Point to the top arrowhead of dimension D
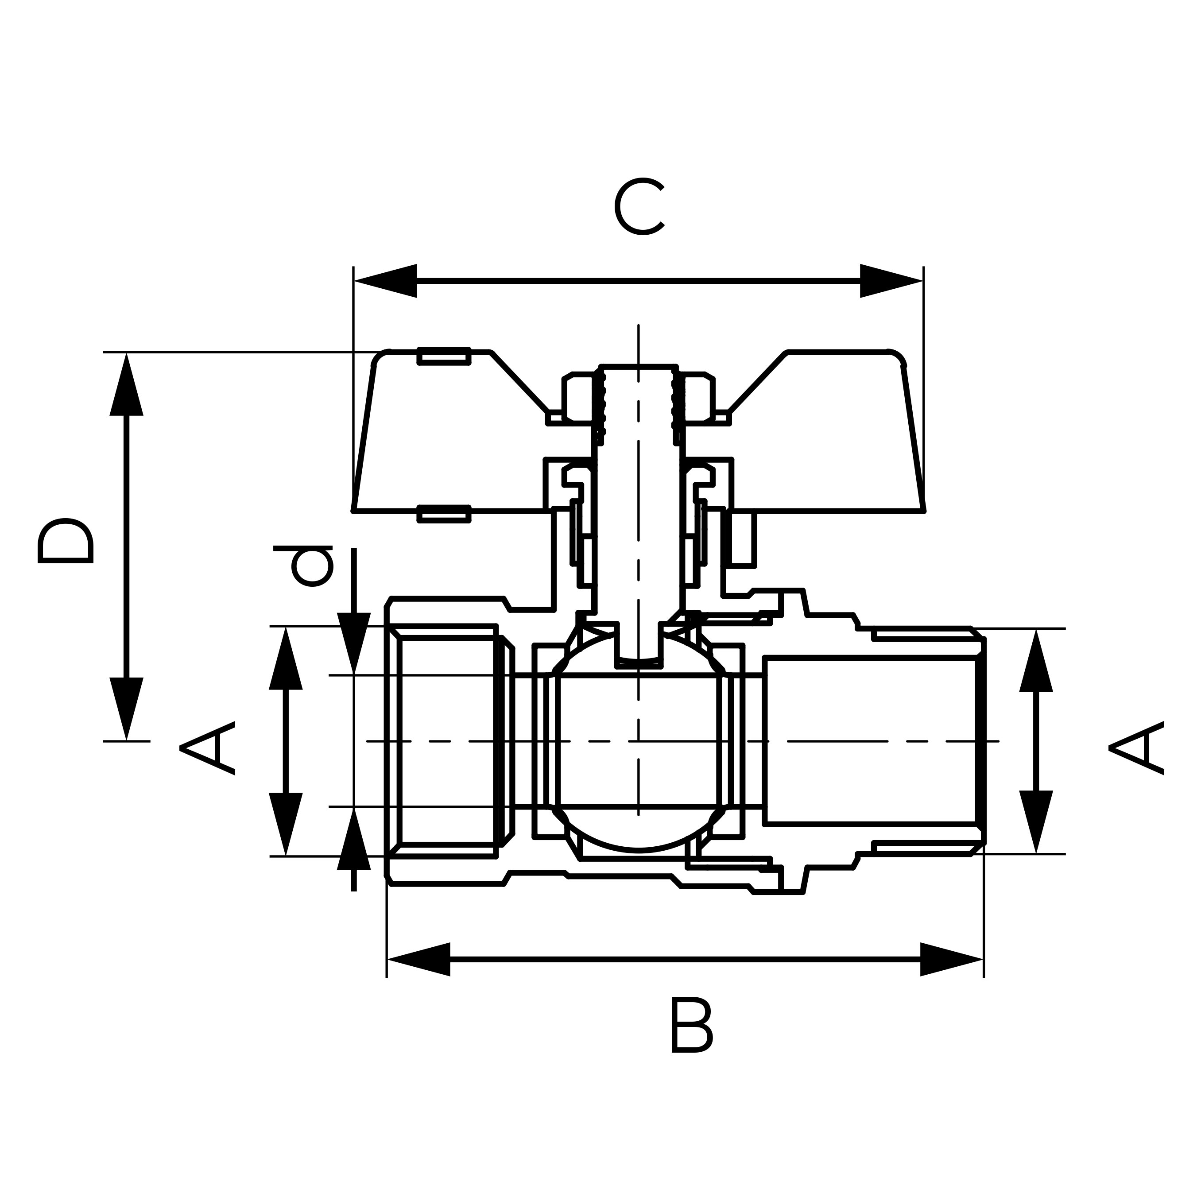pos(127,385)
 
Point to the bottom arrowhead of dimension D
pos(127,708)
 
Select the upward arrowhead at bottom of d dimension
pos(354,840)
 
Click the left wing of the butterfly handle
pos(448,435)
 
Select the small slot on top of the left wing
pos(444,356)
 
